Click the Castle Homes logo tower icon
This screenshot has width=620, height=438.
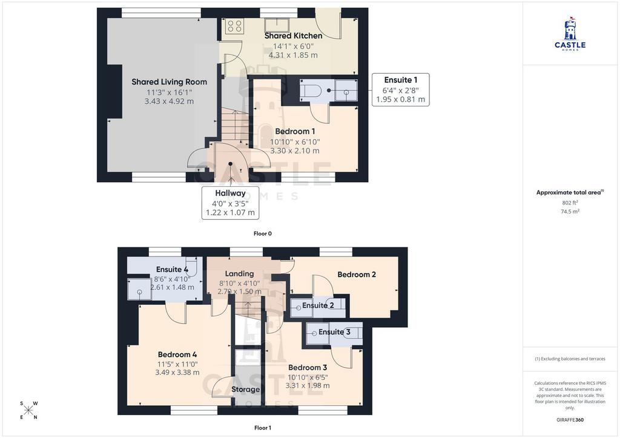coord(570,28)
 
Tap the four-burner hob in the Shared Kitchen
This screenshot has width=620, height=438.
coord(234,26)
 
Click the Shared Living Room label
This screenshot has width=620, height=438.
coord(170,82)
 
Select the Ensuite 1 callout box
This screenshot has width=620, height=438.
coord(400,90)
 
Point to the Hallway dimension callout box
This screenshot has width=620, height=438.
coord(231,203)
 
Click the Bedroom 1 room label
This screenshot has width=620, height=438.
coord(295,131)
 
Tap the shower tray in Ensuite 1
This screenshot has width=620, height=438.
coord(346,90)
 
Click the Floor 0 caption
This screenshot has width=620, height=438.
coord(263,234)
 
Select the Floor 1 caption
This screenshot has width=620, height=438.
coord(263,428)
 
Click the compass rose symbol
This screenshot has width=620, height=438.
coord(28,410)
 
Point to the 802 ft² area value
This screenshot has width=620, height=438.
coord(570,203)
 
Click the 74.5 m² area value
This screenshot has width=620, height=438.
coord(570,211)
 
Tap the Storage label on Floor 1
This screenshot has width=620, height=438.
coord(246,390)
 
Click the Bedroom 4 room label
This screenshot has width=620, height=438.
coord(177,355)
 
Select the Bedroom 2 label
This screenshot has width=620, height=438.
coord(357,275)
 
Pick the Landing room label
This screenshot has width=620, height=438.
coord(239,273)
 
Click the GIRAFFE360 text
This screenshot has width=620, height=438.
coord(570,419)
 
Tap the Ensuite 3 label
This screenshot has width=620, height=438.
coord(334,332)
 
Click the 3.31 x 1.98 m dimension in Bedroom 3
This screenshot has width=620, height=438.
coord(308,385)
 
